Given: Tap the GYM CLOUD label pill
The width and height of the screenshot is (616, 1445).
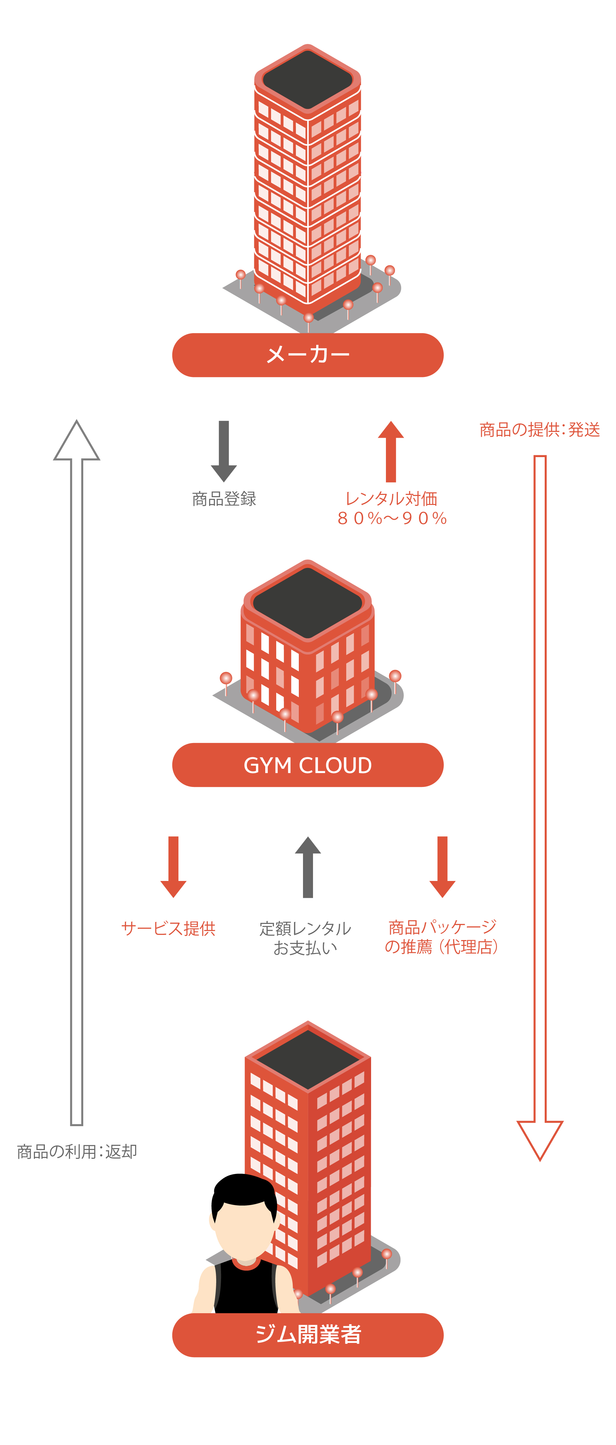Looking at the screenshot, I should [x=308, y=765].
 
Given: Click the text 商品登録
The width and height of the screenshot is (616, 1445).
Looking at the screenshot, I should [x=224, y=499].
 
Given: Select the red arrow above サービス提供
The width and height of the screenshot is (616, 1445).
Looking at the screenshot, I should [x=173, y=867].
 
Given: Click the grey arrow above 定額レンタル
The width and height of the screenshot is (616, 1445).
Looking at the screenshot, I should [x=308, y=867].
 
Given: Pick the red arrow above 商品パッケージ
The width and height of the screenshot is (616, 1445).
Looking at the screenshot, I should [x=442, y=867].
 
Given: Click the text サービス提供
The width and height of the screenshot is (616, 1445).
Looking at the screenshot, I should [x=168, y=928].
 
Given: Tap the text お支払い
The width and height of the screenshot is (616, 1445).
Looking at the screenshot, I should [x=306, y=948].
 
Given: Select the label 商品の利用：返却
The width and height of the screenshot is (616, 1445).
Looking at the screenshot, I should [x=77, y=1152].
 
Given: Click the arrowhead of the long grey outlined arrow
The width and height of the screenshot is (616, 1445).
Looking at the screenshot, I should [x=77, y=443].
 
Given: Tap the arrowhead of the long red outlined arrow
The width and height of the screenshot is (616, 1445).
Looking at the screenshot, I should [x=540, y=1136].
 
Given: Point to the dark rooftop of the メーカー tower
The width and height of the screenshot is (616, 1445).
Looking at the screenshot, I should [x=308, y=79].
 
